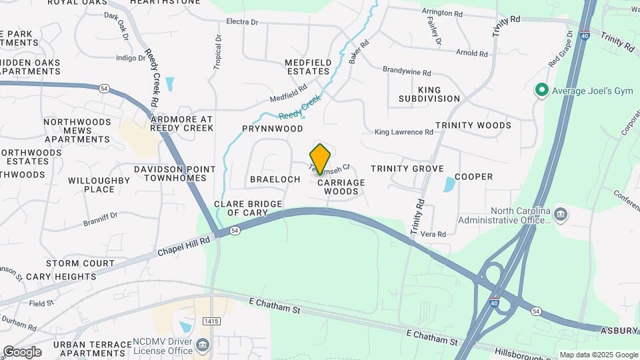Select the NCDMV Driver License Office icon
(203, 345)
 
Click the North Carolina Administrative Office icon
(561, 214)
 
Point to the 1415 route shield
(211, 321)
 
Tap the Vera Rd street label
(433, 234)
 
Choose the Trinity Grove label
(407, 169)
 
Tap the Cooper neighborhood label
(473, 177)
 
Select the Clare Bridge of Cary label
(241, 208)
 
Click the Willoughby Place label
(99, 185)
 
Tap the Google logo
(22, 352)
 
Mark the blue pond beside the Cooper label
(449, 184)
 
